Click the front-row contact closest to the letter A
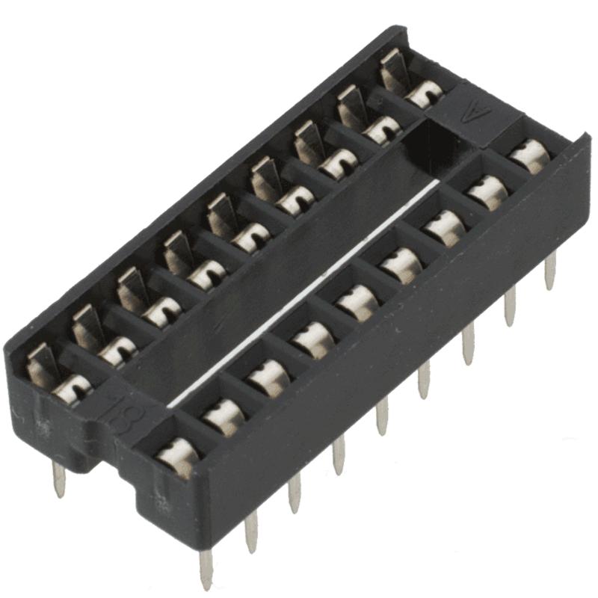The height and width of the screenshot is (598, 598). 529,155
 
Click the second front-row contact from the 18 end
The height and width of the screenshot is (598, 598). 222,416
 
